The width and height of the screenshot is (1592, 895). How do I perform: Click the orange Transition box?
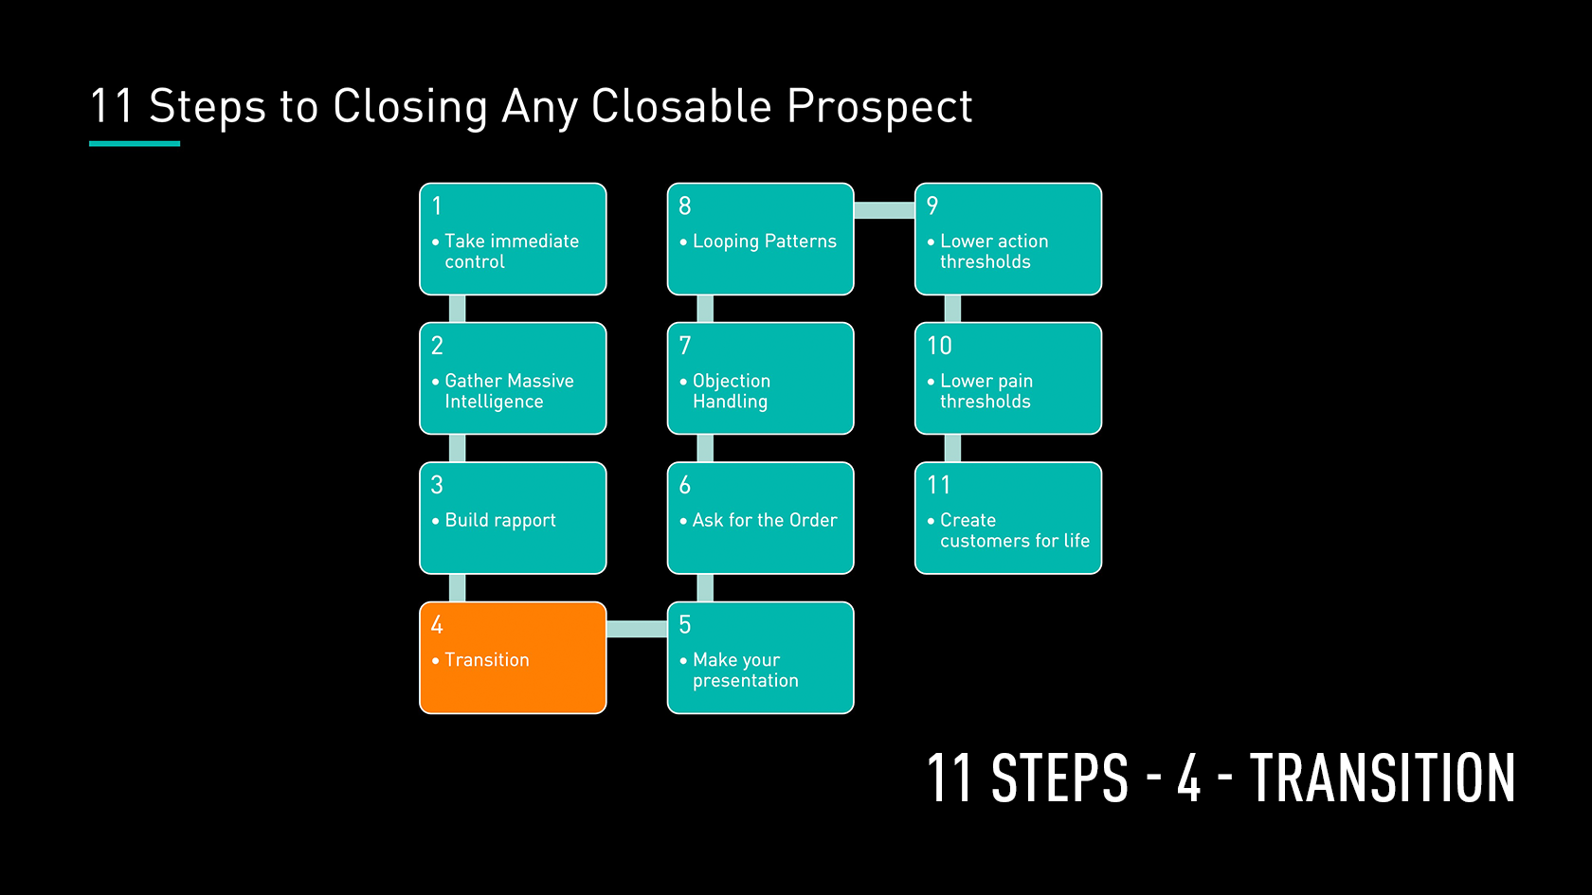point(513,657)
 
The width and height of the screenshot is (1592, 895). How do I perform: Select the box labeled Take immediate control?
point(513,239)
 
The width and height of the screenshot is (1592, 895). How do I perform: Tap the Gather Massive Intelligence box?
point(513,379)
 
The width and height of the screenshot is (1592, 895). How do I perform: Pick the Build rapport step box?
point(513,518)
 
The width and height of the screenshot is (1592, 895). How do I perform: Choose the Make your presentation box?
point(760,657)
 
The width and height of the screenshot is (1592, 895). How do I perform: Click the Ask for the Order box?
point(760,518)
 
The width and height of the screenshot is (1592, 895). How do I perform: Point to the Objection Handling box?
point(760,379)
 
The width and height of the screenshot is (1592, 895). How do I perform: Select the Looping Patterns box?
point(760,239)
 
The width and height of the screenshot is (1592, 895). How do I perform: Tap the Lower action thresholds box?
point(1008,239)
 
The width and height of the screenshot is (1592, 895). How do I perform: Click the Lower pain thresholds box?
point(1008,379)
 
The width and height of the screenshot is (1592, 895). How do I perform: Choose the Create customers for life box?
point(1008,518)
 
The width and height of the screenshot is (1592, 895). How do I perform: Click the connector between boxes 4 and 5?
point(637,629)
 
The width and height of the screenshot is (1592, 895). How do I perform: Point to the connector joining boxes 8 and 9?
point(884,210)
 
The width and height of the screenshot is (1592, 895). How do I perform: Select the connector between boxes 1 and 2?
point(457,309)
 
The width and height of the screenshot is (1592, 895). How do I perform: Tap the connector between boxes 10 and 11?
point(952,448)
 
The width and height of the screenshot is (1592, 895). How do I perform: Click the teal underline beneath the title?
point(135,144)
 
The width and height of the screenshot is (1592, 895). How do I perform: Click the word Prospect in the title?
point(879,107)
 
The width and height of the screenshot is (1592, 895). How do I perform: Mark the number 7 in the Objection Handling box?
point(685,346)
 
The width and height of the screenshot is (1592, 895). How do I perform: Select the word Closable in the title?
point(680,106)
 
